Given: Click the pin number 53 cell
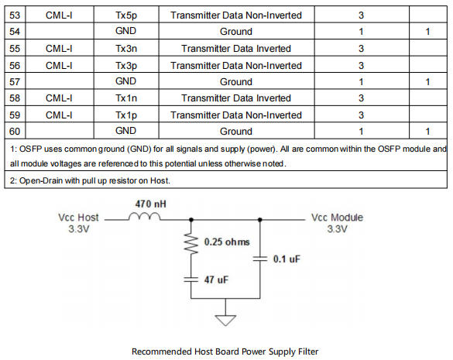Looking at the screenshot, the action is tap(15, 15).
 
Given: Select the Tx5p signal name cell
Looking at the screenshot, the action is tap(126, 15).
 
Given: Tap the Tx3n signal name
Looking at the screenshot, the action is tap(126, 49).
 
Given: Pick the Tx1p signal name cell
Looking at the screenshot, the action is tap(126, 115).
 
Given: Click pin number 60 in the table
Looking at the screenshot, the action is tap(15, 132).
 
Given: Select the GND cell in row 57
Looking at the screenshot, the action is tap(125, 81).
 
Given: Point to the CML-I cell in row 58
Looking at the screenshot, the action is tap(59, 98).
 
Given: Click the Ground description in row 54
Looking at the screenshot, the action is tap(236, 32).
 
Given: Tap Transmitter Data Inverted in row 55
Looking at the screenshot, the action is tap(236, 49).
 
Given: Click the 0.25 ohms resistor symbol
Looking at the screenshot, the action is tap(191, 244).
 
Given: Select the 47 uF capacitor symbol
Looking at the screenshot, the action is tap(191, 279).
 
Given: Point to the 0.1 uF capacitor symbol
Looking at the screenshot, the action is tap(260, 259).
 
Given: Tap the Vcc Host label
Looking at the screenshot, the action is tap(78, 218).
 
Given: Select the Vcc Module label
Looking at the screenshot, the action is tap(337, 218).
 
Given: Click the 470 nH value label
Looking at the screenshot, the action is tap(150, 204).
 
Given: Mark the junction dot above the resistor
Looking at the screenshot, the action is tap(191, 220).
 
